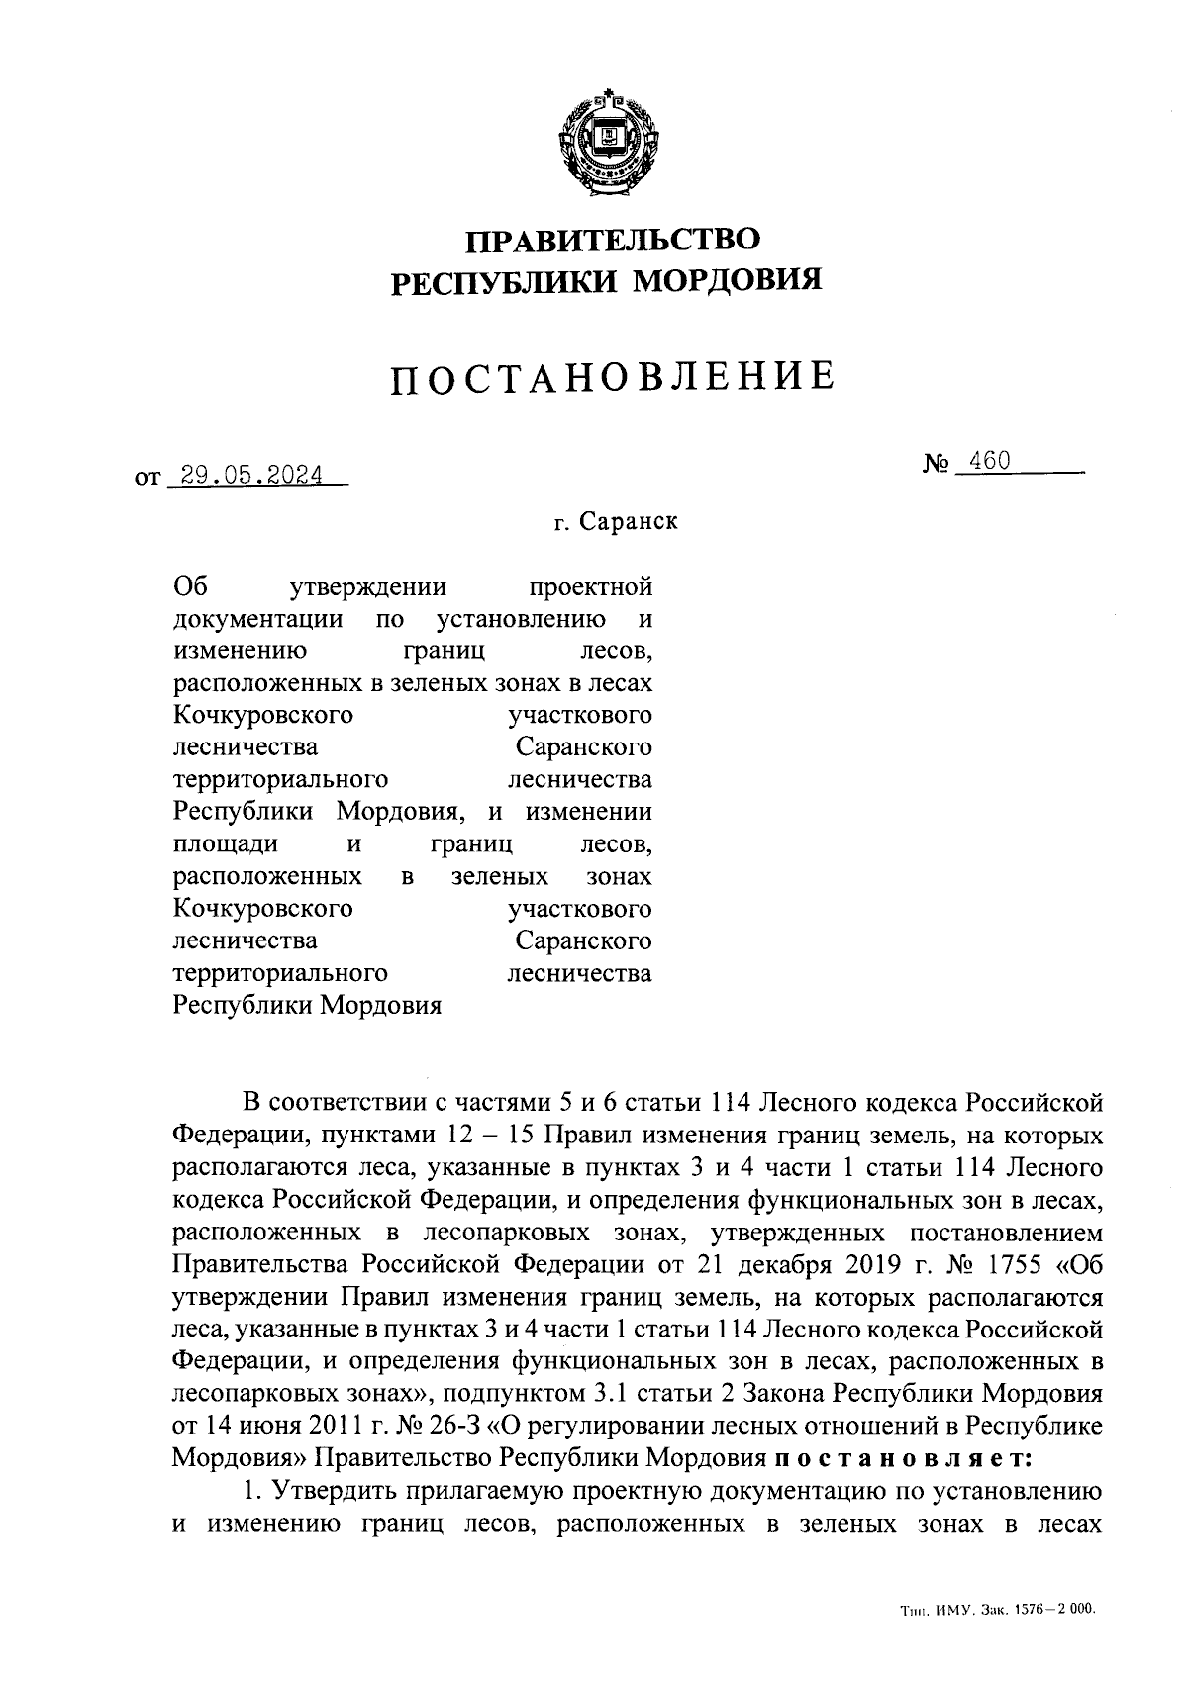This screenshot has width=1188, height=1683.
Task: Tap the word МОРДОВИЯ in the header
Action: pyautogui.click(x=728, y=283)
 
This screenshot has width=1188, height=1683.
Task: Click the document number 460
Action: pyautogui.click(x=990, y=461)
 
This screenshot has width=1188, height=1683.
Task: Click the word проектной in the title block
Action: pyautogui.click(x=591, y=587)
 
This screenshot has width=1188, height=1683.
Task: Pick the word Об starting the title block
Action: pyautogui.click(x=187, y=587)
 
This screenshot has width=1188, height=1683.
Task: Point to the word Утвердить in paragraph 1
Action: pyautogui.click(x=335, y=1490)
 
